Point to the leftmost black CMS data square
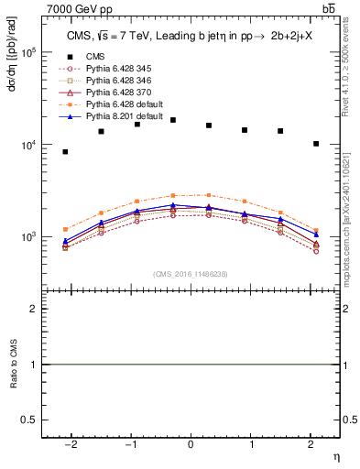(x=65, y=152)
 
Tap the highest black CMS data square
(x=173, y=120)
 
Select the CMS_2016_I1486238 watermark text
(x=191, y=274)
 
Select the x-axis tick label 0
(x=191, y=444)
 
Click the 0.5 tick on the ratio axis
(x=31, y=420)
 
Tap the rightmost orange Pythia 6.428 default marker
(x=316, y=231)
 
